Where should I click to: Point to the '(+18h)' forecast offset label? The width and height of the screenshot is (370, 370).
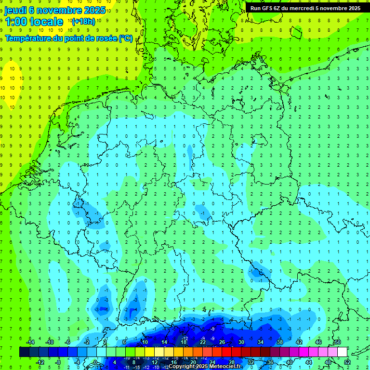point(83,22)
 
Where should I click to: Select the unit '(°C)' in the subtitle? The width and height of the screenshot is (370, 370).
point(125,38)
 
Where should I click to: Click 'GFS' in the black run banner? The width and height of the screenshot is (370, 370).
point(268,8)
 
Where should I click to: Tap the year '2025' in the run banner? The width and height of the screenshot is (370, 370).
point(351,8)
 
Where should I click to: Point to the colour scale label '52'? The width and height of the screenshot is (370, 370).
point(347,362)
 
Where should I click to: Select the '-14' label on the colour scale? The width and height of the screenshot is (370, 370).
point(30,342)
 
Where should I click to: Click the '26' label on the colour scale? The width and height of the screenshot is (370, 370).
point(222,342)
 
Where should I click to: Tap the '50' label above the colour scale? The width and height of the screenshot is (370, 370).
point(337,342)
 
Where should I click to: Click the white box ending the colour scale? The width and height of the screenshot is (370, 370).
point(342,352)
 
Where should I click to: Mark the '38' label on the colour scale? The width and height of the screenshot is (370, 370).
point(280,342)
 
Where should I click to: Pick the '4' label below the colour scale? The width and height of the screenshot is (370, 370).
point(115,362)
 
